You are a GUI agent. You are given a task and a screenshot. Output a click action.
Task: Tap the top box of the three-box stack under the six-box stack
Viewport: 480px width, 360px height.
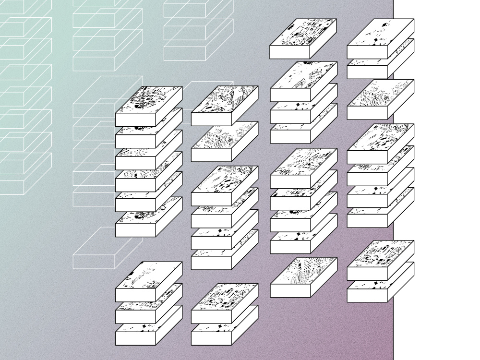click(149, 275)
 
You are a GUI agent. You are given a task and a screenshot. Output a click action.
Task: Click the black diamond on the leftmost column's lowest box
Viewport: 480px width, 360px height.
click(143, 327)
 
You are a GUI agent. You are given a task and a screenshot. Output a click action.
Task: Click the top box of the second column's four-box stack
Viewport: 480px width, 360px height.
click(225, 180)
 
